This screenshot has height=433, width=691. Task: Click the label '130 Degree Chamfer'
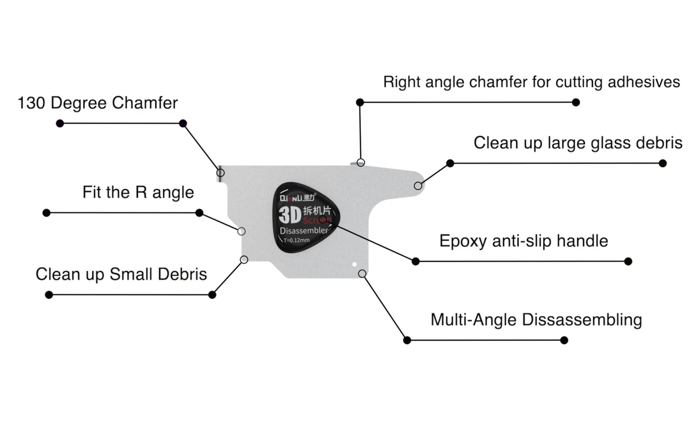click(x=98, y=103)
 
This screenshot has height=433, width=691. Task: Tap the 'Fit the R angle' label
click(x=138, y=192)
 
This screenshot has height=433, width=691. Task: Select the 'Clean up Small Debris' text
click(x=121, y=274)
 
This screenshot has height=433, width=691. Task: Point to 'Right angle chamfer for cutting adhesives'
click(x=531, y=82)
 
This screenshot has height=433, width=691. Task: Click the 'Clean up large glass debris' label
click(x=578, y=143)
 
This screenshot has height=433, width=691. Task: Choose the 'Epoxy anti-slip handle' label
click(x=524, y=241)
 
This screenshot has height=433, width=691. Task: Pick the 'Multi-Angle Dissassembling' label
click(x=536, y=320)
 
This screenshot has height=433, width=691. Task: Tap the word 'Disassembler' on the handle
click(x=304, y=230)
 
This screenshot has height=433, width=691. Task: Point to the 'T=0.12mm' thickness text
click(x=296, y=240)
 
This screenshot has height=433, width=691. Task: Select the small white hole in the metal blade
click(x=354, y=264)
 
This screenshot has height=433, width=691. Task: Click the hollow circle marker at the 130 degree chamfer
click(x=220, y=173)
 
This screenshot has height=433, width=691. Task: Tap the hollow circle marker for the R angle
click(x=241, y=231)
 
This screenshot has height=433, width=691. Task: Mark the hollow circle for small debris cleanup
click(x=244, y=260)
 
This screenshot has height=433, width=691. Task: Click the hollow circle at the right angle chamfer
click(x=361, y=162)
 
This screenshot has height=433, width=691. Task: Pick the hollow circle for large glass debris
click(x=418, y=185)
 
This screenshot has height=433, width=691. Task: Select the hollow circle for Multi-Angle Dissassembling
click(x=362, y=274)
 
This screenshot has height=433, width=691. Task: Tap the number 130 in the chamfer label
click(x=32, y=103)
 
